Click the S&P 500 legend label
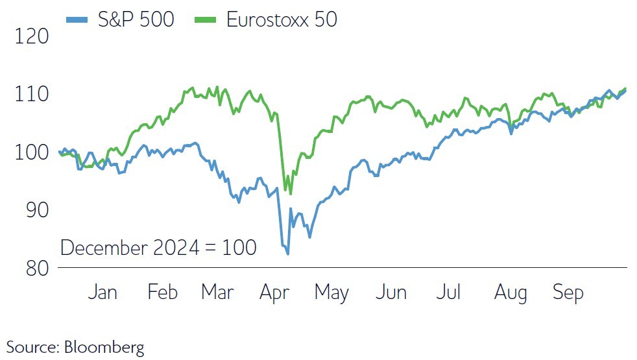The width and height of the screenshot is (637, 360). pyautogui.click(x=136, y=19)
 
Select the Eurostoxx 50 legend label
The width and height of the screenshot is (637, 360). pyautogui.click(x=282, y=19)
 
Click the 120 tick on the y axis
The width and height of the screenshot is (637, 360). pyautogui.click(x=32, y=36)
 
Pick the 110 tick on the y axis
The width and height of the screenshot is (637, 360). pyautogui.click(x=32, y=94)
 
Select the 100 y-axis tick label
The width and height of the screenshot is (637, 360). pyautogui.click(x=32, y=152)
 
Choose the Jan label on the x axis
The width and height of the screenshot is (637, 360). pyautogui.click(x=102, y=293)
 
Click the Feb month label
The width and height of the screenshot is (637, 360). pyautogui.click(x=162, y=293)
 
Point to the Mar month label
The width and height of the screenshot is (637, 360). pyautogui.click(x=217, y=293)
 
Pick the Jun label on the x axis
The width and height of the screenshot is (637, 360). pyautogui.click(x=391, y=293)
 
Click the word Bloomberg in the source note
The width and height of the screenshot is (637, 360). pyautogui.click(x=104, y=347)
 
